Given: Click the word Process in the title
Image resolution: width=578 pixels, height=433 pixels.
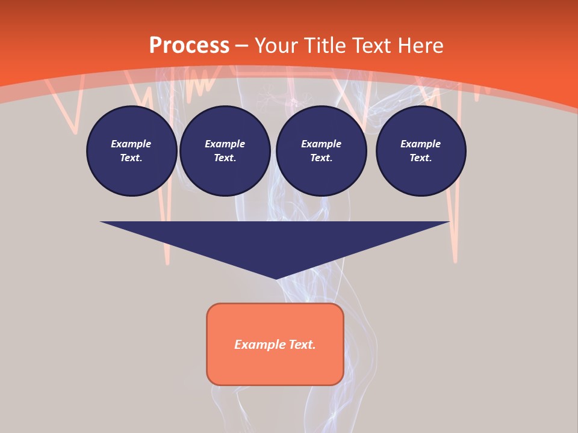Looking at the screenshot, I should coord(189,46).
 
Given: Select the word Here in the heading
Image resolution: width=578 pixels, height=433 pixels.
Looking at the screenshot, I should coord(421,46).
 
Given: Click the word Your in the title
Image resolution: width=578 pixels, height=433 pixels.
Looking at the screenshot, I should coord(277,46).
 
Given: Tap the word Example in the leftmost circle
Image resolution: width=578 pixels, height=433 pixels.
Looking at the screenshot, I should coord(131,144).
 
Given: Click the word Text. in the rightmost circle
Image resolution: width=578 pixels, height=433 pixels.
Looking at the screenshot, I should coord(421,158).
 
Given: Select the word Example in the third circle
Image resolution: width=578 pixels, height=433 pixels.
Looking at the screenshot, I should coord(322,144).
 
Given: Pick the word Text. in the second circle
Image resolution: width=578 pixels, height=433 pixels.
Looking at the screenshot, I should coord(225,158).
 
